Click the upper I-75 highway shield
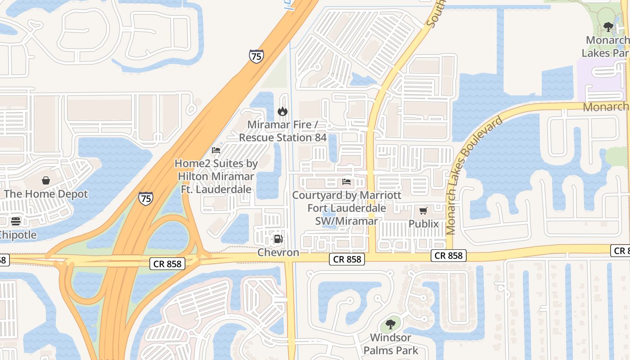point(256,56)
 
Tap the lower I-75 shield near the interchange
point(145,198)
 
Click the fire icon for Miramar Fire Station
point(283,111)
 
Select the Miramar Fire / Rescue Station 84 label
point(283,130)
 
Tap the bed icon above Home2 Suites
point(216,150)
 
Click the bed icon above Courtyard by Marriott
point(346,182)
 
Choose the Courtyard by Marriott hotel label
point(346,208)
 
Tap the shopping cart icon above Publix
point(423,211)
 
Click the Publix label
point(423,224)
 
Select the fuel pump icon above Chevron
point(278,239)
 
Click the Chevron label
point(278,252)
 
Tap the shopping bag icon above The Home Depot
point(46,181)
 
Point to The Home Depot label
point(46,194)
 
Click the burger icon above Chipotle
point(16,221)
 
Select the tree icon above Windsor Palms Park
point(390,324)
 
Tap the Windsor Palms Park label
point(391,344)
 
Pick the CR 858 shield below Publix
point(448,256)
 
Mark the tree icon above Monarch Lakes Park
point(608,27)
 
